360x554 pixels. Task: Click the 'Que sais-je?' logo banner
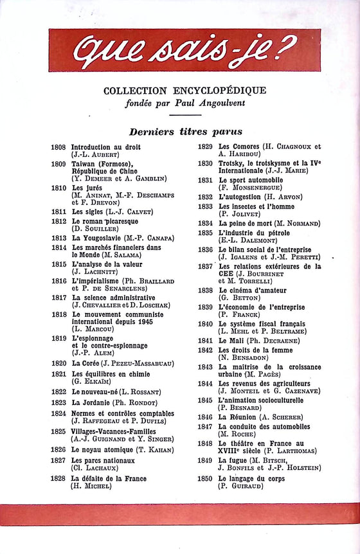tap(184, 50)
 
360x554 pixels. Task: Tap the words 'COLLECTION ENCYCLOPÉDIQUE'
tap(184, 91)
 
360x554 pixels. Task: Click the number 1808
tap(59, 147)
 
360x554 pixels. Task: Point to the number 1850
tap(205, 479)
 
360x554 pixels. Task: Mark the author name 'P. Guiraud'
tap(243, 487)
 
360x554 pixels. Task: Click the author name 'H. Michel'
tap(91, 487)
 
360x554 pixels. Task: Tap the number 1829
tap(205, 147)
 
